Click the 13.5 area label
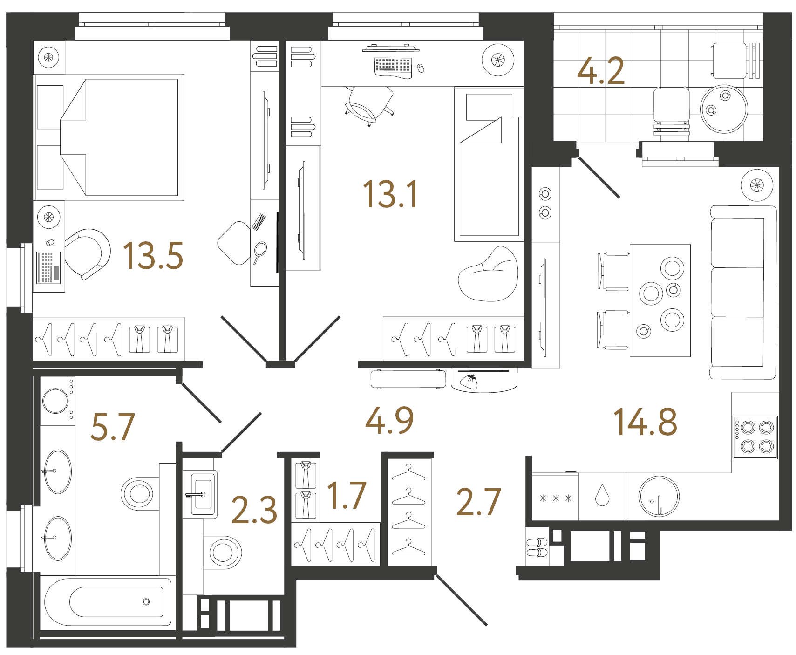[x=153, y=256]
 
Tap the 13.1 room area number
[x=390, y=194]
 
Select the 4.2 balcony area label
[x=601, y=71]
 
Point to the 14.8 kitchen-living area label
[x=645, y=422]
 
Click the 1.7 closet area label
[x=346, y=496]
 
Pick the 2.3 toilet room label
[x=254, y=510]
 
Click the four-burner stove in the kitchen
[x=755, y=437]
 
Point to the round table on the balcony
[x=724, y=109]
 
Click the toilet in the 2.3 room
[x=223, y=552]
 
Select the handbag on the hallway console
[x=469, y=381]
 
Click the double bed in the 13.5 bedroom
[x=121, y=137]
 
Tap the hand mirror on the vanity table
[x=260, y=252]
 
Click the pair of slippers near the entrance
[x=537, y=547]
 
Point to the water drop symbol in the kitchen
[x=602, y=496]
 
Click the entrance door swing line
[x=462, y=600]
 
